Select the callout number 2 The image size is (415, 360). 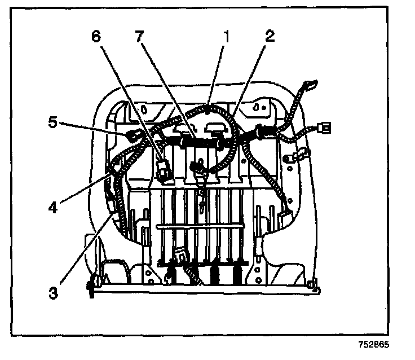click(270, 37)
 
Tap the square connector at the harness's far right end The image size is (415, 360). click(324, 128)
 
